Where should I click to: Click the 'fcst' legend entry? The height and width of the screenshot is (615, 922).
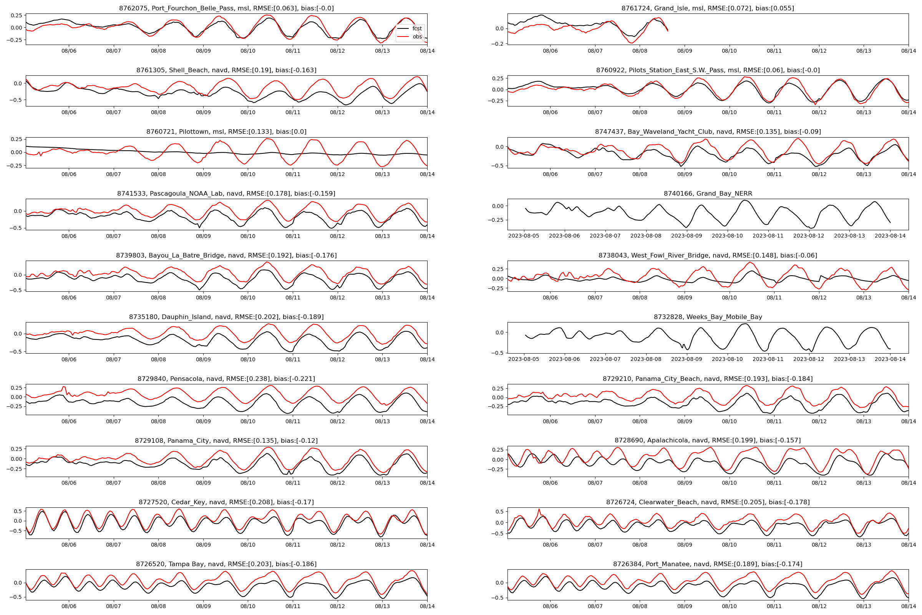[417, 28]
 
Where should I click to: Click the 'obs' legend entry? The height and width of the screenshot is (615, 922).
[417, 37]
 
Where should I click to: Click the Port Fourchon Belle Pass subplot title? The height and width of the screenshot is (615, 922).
[226, 8]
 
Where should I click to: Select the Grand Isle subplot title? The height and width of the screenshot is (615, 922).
[708, 8]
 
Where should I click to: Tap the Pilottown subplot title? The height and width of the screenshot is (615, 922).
[226, 132]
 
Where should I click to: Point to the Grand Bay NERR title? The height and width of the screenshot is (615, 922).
[708, 194]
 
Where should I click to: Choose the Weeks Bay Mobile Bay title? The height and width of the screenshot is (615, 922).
[708, 317]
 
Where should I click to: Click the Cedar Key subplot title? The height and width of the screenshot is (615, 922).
[226, 502]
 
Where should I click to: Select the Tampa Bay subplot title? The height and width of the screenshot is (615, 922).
[226, 564]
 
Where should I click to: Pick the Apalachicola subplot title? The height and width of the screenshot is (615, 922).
[708, 440]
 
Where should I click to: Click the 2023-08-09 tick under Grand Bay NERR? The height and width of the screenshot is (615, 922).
[687, 236]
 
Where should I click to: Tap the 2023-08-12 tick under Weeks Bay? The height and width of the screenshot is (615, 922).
[809, 359]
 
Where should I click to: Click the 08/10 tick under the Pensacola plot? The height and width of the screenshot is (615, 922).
[248, 421]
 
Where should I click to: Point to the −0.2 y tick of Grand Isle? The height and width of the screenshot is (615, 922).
[499, 44]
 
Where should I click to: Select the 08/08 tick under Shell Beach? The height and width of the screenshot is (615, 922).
[158, 113]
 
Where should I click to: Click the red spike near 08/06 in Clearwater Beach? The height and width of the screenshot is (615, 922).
[539, 510]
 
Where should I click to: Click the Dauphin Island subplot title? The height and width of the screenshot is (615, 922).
[226, 317]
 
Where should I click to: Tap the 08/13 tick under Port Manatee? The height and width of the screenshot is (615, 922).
[864, 607]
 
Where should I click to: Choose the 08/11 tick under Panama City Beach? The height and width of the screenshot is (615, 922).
[774, 421]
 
